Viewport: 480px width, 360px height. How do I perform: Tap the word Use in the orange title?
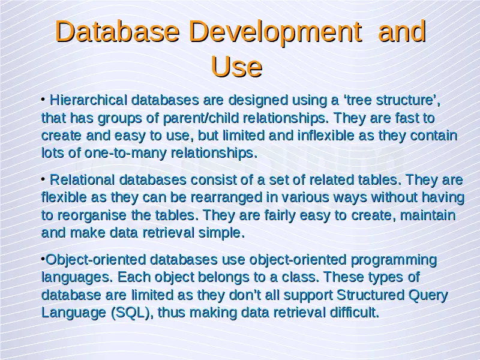point(236,67)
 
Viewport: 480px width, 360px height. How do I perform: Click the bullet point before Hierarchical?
point(43,99)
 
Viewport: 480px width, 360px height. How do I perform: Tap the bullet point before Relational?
point(43,178)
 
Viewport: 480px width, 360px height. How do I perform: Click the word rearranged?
point(226,197)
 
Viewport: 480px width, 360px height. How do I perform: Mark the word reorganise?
point(92,215)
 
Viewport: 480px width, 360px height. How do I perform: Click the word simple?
point(221,233)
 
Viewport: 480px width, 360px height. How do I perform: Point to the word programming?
point(394,260)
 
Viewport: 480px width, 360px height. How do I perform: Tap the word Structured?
point(370,295)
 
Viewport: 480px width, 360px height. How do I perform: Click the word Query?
point(428,295)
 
